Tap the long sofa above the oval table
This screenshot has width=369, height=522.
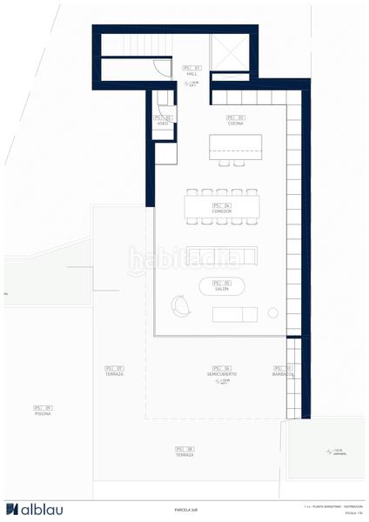(221, 255)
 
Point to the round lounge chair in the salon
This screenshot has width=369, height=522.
(182, 304)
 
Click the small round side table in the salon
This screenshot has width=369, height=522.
(272, 312)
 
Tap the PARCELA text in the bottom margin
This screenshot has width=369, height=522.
(184, 510)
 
